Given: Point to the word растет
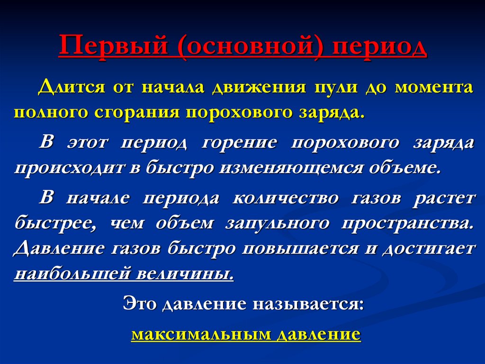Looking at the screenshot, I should coord(444,198).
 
